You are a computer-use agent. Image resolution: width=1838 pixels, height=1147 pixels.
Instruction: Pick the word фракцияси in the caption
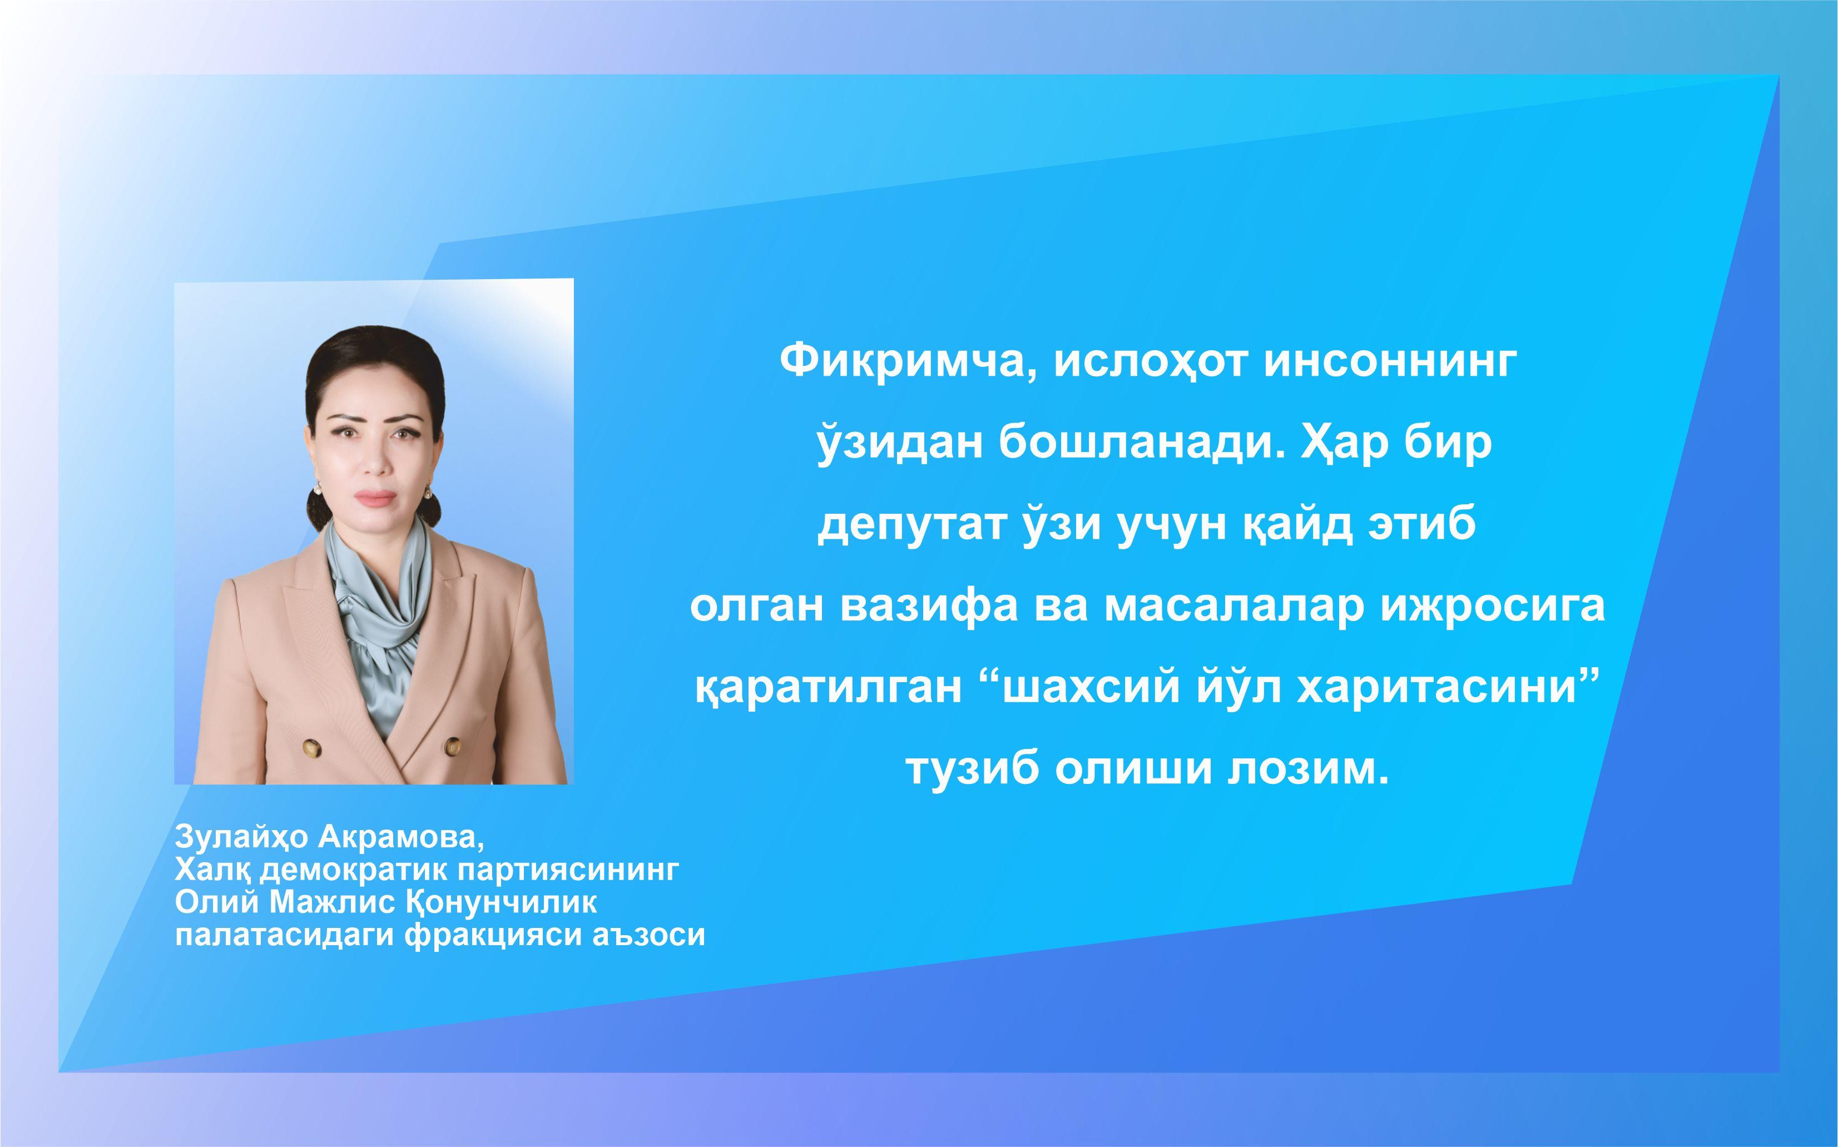tap(496, 935)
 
